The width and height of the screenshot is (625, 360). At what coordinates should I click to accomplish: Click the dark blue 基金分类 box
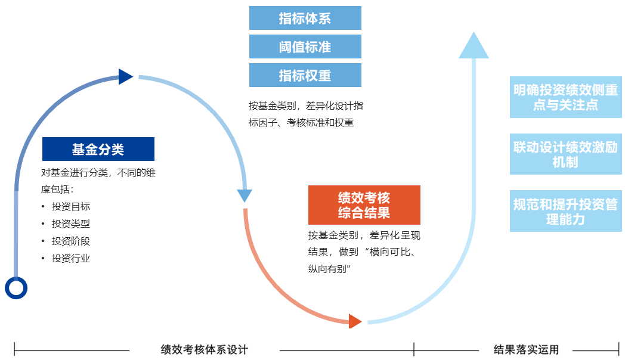98,149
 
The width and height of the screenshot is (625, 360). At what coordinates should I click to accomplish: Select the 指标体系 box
305,18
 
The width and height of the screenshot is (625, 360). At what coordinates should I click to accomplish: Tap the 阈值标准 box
305,46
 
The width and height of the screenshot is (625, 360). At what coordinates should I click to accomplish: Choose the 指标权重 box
305,75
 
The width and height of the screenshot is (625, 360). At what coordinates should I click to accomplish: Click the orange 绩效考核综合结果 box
364,204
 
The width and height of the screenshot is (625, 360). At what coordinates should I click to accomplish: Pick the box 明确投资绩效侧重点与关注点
565,97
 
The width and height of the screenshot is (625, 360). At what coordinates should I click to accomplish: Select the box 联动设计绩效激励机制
565,154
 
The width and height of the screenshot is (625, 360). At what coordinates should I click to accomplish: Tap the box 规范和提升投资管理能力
565,211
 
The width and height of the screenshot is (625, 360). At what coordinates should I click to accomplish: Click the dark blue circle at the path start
16,288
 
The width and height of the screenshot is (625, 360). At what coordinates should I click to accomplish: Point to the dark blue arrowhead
125,77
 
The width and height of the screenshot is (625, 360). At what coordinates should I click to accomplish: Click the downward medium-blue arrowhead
245,195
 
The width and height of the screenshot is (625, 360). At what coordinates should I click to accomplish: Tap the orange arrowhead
355,321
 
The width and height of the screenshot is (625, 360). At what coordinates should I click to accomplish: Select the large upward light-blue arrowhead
474,46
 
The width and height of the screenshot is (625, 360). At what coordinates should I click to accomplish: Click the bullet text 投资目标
71,207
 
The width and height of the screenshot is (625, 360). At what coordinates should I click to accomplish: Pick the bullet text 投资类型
71,224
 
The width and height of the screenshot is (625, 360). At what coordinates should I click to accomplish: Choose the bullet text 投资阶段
71,241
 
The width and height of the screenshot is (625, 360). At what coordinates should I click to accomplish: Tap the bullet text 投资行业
71,259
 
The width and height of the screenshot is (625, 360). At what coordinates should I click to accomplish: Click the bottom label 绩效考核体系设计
205,350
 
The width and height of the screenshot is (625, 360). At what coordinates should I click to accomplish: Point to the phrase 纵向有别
326,269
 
